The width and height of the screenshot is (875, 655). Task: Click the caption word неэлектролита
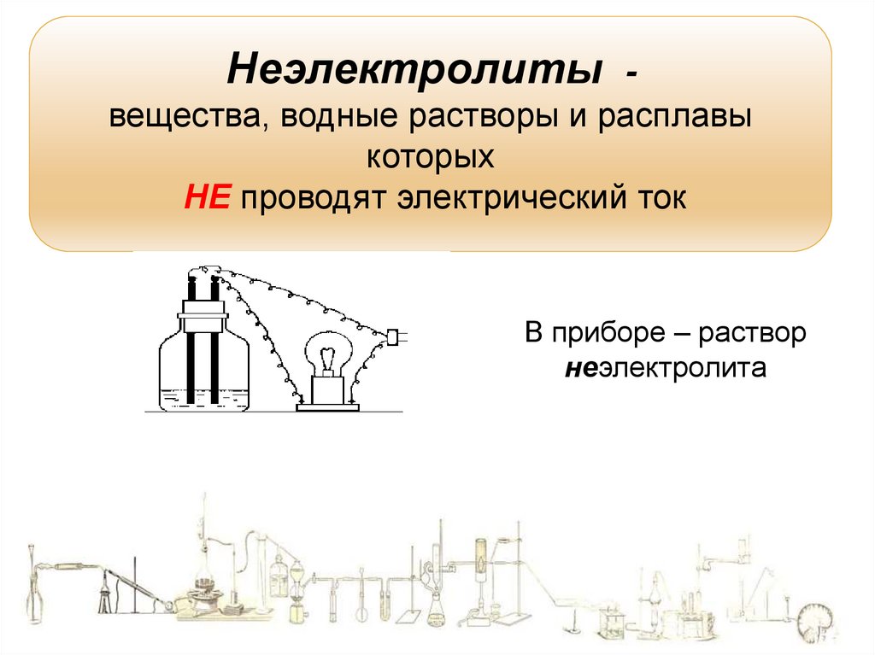tap(667, 370)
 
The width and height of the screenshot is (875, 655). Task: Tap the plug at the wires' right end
tap(394, 337)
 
